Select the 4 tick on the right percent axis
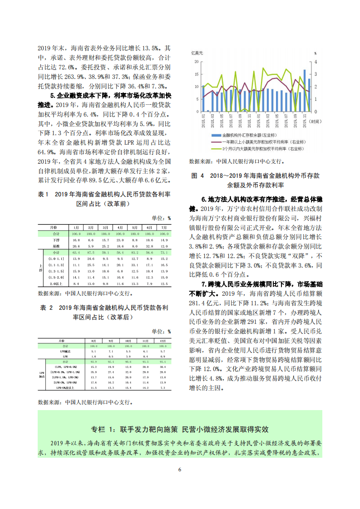[315, 62]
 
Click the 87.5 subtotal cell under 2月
[90, 252]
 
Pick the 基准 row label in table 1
[56, 245]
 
